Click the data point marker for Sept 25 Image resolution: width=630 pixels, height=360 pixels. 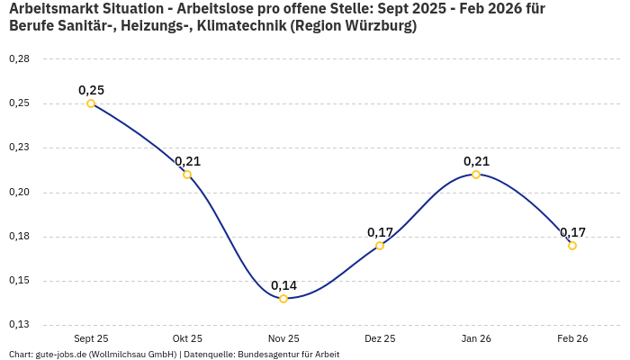tap(91, 103)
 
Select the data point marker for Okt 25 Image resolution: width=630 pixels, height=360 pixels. tap(187, 175)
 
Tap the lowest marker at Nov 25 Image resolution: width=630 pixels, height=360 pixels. tap(283, 299)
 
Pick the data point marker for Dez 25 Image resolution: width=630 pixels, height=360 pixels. tap(380, 246)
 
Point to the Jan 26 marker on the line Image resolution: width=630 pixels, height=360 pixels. tap(476, 175)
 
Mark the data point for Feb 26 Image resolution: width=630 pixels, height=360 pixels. tap(572, 246)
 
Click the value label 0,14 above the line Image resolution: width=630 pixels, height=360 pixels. tap(283, 285)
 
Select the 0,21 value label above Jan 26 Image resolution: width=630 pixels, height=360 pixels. tap(476, 161)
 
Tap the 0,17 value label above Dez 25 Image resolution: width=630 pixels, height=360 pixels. tap(380, 232)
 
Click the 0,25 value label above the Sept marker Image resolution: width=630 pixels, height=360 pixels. tap(91, 90)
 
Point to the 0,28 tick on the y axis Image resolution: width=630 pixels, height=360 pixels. tap(19, 59)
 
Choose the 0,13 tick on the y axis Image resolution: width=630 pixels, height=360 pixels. tap(19, 325)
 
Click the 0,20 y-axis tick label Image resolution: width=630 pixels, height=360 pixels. tap(19, 193)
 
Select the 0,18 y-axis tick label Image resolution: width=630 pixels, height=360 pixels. tap(19, 237)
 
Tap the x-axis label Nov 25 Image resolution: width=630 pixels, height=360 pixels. tap(283, 339)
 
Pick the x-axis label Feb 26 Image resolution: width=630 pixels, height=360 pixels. tap(572, 339)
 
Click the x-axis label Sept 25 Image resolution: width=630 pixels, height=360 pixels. tap(91, 339)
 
